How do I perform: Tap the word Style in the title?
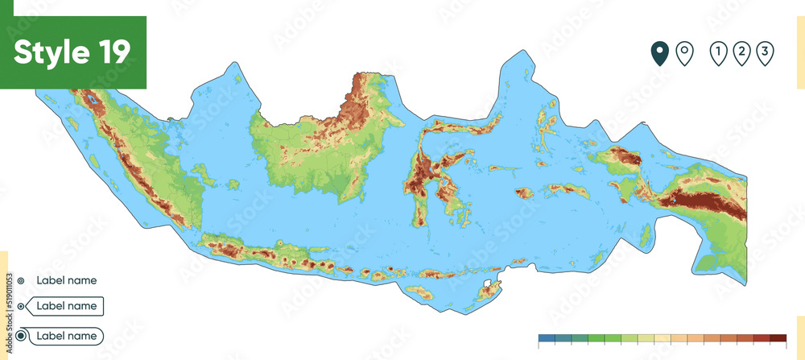click(x=51, y=52)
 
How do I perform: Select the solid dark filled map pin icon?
click(x=660, y=53)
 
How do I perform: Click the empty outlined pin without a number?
click(x=683, y=53)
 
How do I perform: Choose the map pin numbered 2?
click(x=741, y=53)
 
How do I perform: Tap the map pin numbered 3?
click(x=766, y=53)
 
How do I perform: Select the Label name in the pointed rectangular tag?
click(x=66, y=306)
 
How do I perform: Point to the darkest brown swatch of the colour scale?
click(x=778, y=338)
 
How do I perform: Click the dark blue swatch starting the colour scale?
click(x=547, y=338)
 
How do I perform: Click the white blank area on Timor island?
click(x=489, y=285)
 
